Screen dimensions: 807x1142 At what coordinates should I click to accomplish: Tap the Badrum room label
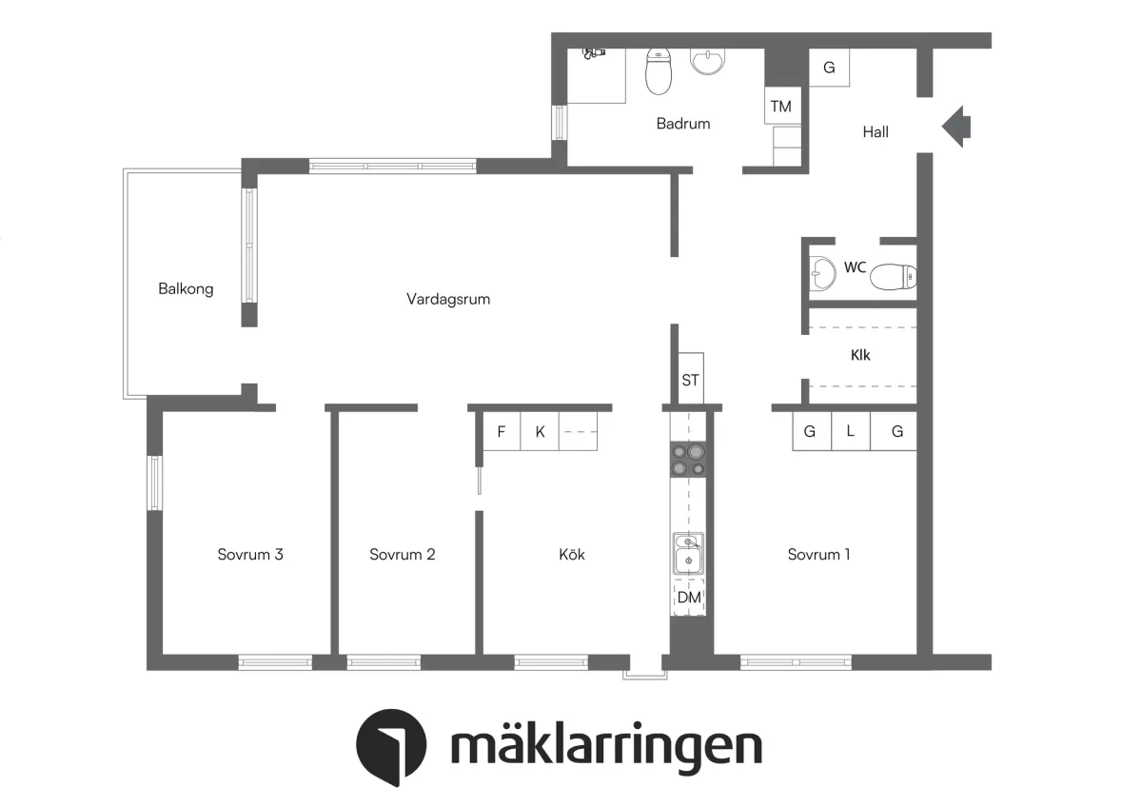click(683, 124)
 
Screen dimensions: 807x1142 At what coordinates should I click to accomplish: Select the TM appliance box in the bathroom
click(781, 107)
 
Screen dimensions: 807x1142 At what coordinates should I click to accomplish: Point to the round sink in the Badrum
click(707, 61)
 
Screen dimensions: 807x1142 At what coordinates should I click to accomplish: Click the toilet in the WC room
click(893, 277)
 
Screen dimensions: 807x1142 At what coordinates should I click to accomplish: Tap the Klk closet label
click(860, 355)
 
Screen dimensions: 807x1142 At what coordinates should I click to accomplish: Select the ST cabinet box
click(690, 381)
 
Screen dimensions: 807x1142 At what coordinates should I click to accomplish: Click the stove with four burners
click(689, 460)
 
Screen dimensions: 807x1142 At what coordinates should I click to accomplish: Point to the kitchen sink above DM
click(689, 554)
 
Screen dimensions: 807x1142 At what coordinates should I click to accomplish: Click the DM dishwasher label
click(689, 598)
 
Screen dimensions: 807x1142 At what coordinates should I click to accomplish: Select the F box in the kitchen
click(501, 431)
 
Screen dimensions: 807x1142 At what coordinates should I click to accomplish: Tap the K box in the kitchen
click(540, 431)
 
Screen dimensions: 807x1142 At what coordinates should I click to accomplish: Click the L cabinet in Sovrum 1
click(851, 431)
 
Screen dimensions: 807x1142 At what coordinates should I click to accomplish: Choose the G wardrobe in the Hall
click(829, 69)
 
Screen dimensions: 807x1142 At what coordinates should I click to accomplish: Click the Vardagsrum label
click(447, 299)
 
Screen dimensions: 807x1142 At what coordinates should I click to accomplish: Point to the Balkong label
click(186, 288)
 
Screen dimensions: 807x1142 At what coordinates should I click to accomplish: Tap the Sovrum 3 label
click(250, 555)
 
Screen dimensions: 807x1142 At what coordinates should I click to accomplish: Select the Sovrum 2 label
click(403, 555)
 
